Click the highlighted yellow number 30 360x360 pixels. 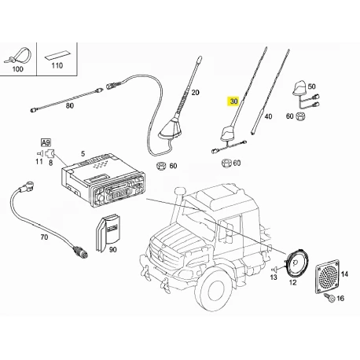233,101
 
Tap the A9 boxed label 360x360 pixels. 46,143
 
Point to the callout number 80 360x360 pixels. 69,106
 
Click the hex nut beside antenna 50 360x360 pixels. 299,116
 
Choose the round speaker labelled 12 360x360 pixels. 297,264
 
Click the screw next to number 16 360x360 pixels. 329,298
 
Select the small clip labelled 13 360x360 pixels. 275,269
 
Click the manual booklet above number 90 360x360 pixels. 108,233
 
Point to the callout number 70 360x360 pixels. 44,237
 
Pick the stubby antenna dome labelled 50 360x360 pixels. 299,89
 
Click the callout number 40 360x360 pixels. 268,116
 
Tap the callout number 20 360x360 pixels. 196,93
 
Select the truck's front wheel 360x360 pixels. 213,288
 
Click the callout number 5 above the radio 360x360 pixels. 83,154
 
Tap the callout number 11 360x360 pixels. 39,161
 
